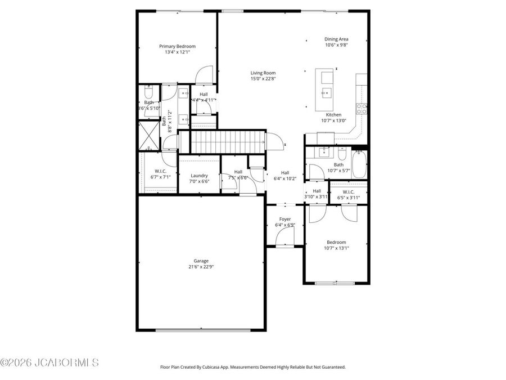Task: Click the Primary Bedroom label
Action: point(177,46)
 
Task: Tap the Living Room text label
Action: point(263,73)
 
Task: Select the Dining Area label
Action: point(336,39)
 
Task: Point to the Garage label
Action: point(201,261)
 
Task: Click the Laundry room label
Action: point(199,176)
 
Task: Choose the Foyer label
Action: point(285,219)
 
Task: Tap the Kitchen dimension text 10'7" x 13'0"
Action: point(333,120)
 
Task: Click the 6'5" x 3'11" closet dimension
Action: point(349,197)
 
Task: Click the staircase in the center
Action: point(228,141)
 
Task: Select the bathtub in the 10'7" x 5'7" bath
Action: point(359,164)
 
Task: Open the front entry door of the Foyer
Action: point(286,243)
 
